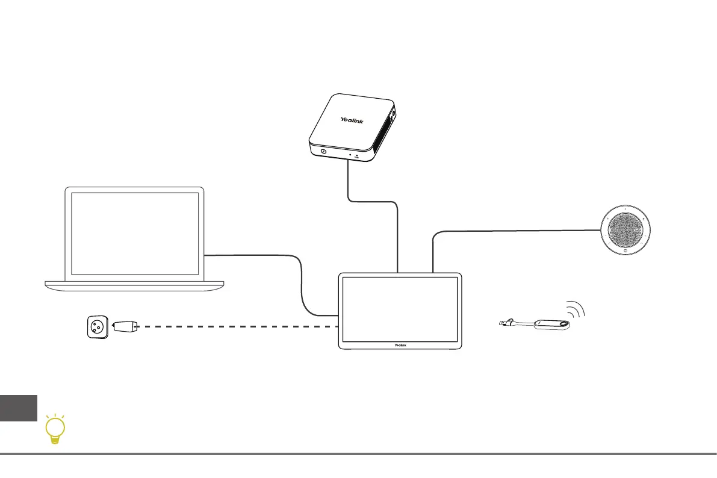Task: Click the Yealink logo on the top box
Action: point(352,120)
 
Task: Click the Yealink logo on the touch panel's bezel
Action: point(400,345)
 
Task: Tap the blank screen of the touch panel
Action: point(400,309)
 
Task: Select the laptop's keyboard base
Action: point(135,284)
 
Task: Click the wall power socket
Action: point(96,327)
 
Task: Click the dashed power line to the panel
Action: point(241,327)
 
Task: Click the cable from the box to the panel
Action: point(397,235)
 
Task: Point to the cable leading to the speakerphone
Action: point(512,229)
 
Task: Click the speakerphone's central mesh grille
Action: point(626,230)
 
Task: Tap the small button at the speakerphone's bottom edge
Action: point(626,252)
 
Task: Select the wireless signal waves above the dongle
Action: point(577,308)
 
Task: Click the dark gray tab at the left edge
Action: point(18,408)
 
